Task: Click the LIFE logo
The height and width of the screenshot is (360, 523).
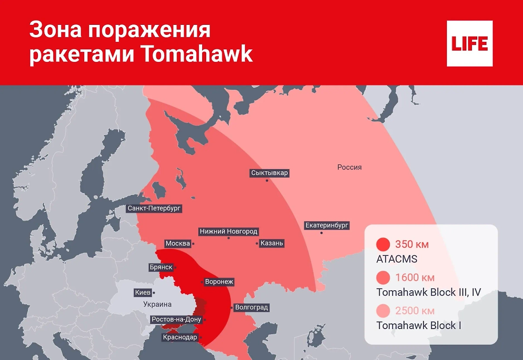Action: (469, 44)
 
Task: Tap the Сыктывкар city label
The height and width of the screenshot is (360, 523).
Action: (270, 173)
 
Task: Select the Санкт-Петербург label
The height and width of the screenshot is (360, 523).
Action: (154, 208)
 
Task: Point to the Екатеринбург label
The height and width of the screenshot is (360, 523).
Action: (327, 225)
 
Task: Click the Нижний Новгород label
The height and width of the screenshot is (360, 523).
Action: (228, 231)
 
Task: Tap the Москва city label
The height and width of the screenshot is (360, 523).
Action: (177, 243)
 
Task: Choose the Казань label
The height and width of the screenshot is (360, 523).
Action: (272, 243)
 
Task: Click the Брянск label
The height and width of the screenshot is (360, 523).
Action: (161, 267)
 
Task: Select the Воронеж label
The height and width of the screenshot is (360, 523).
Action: (219, 282)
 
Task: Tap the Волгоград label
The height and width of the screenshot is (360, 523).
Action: (251, 308)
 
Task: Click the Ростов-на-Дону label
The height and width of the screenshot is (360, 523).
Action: (176, 319)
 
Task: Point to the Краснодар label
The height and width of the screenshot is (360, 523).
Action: (180, 337)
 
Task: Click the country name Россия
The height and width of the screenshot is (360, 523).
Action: (349, 167)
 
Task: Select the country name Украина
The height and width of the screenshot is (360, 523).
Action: (157, 304)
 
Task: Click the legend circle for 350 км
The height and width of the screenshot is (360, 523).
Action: (383, 245)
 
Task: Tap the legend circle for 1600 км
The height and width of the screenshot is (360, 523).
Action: (383, 278)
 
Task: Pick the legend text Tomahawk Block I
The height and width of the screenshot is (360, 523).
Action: (418, 326)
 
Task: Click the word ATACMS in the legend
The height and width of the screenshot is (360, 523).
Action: (397, 259)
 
